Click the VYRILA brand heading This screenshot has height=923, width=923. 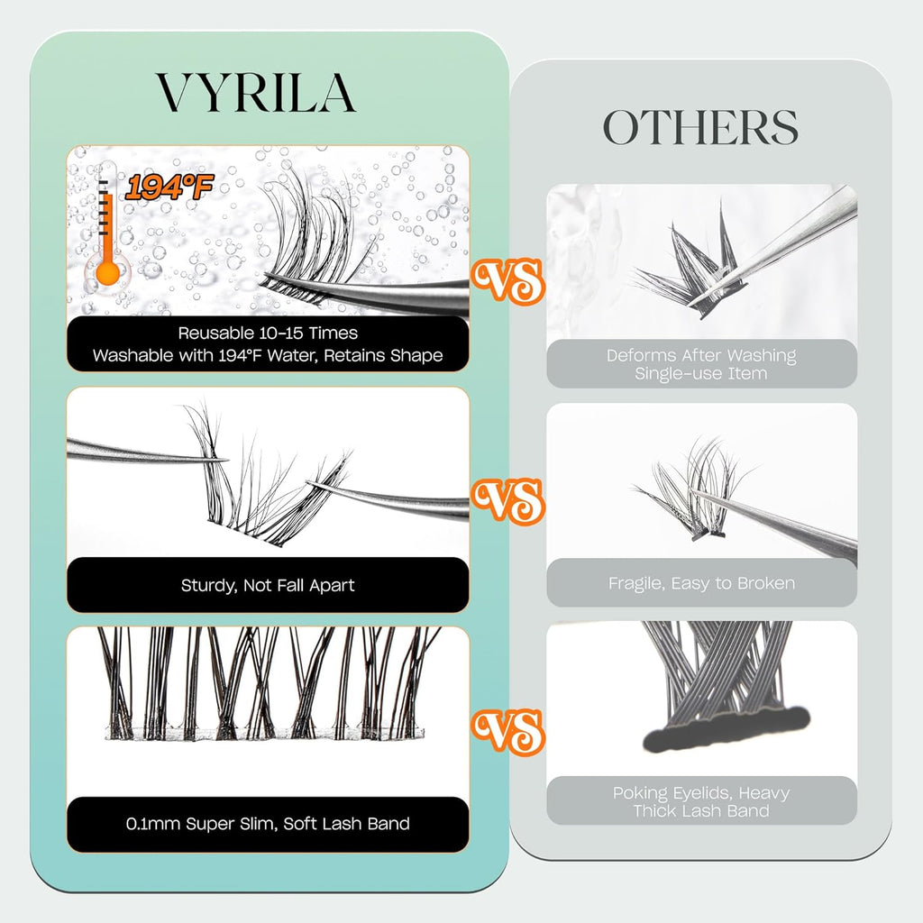[256, 92]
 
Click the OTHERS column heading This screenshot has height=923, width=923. [700, 128]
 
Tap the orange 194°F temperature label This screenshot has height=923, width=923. [169, 188]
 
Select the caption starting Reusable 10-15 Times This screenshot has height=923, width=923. [268, 344]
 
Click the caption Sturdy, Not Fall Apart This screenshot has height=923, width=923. [268, 585]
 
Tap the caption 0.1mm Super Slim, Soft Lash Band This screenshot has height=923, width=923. [268, 823]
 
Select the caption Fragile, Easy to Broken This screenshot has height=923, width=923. [701, 583]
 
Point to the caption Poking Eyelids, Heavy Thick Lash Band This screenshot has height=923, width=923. [701, 801]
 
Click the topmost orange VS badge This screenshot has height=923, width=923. [507, 280]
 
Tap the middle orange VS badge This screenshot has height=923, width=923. [507, 500]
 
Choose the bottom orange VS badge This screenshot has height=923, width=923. [507, 729]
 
